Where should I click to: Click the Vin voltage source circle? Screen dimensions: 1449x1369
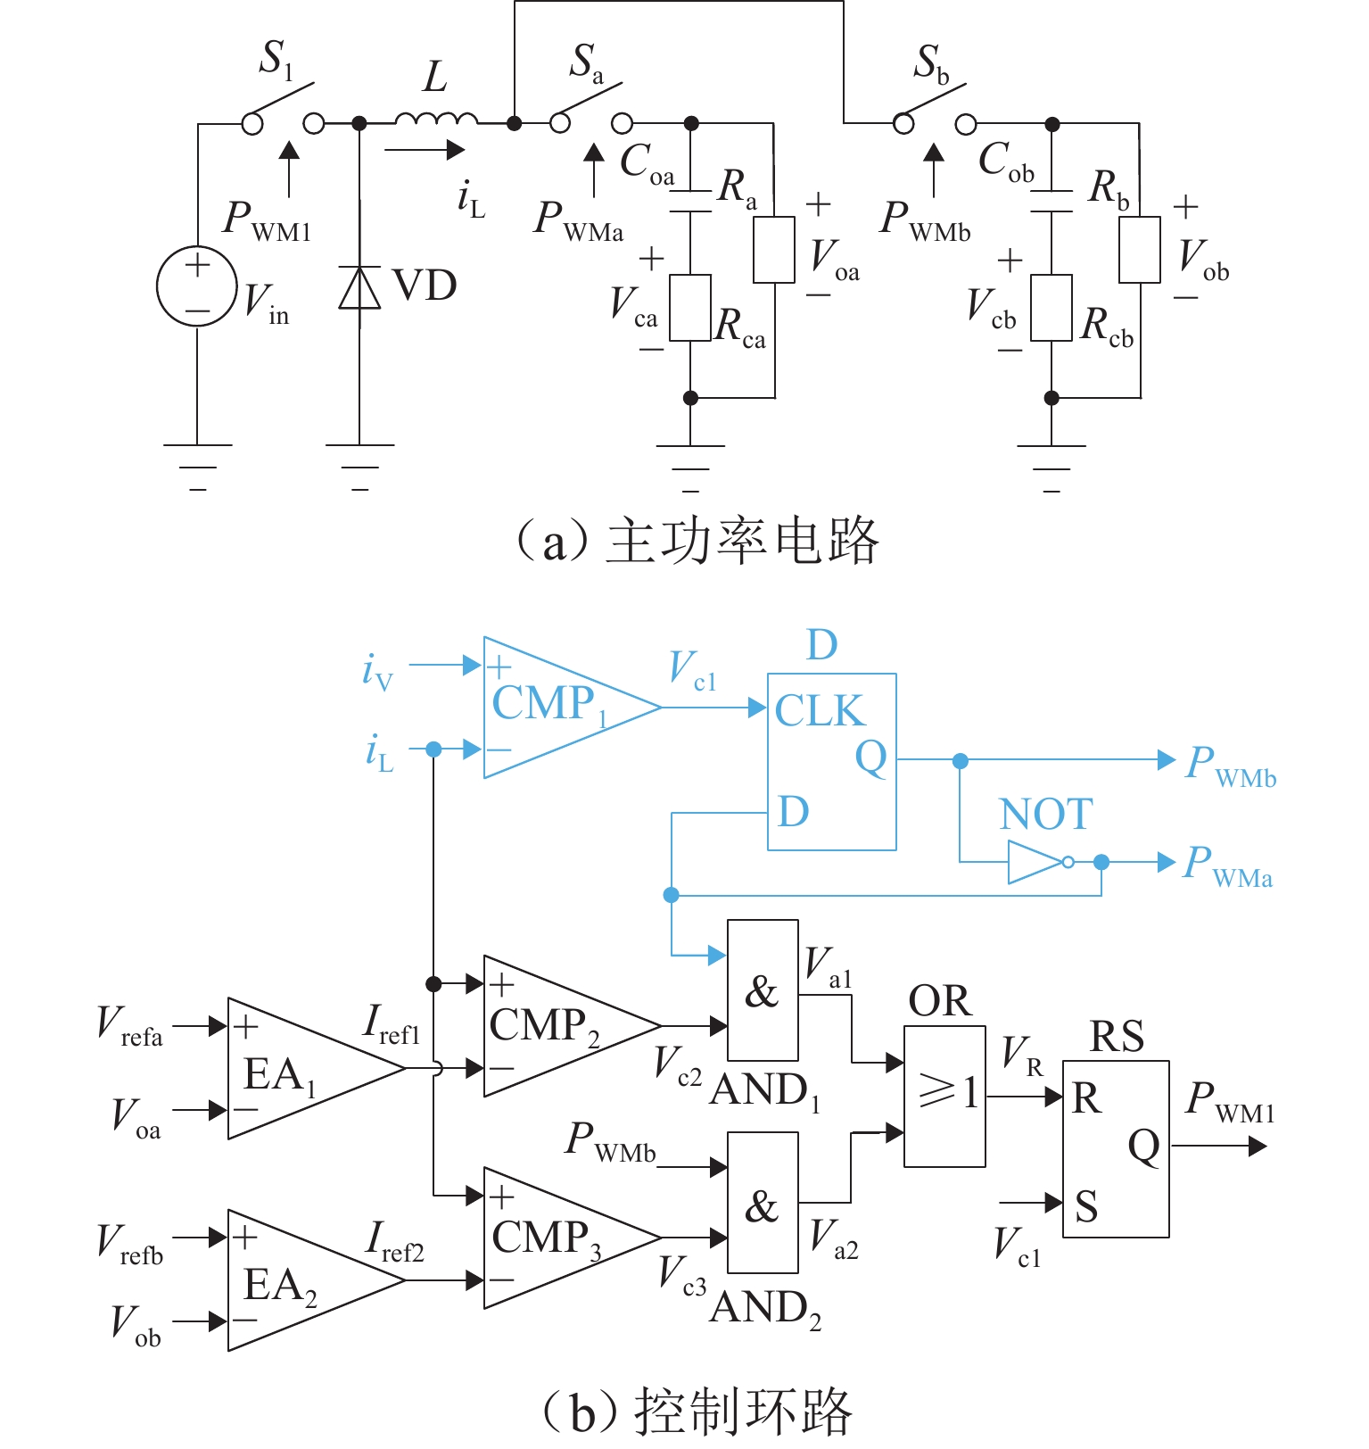(x=197, y=286)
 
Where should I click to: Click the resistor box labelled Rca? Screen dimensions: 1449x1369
(x=690, y=308)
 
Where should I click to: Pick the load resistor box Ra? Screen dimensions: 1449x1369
(x=774, y=250)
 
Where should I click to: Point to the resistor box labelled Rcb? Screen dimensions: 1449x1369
(x=1051, y=308)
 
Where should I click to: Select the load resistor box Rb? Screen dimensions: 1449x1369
(x=1140, y=250)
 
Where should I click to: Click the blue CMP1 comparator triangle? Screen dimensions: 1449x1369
(x=553, y=708)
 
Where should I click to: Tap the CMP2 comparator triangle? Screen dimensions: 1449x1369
(x=553, y=1026)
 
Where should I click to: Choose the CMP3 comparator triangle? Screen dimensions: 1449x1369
(x=553, y=1238)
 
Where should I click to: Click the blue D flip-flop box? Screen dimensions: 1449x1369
(x=831, y=761)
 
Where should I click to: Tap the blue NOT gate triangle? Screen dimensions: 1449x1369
(x=1035, y=862)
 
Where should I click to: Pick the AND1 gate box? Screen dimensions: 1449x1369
(x=763, y=989)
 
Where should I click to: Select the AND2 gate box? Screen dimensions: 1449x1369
(x=763, y=1202)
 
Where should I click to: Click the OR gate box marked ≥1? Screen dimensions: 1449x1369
(x=944, y=1096)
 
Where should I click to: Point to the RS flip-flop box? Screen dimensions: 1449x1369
(x=1115, y=1148)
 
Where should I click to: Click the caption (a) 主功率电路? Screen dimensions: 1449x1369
(x=698, y=541)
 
